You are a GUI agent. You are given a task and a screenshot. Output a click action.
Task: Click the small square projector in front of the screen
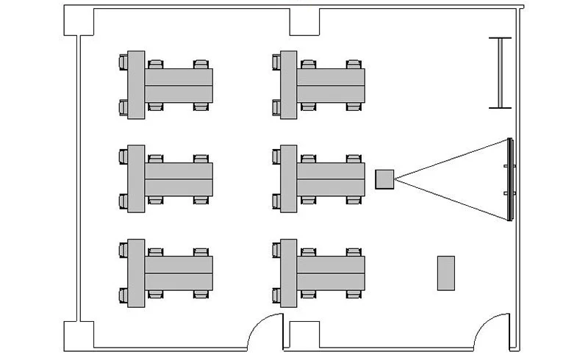pos(384,179)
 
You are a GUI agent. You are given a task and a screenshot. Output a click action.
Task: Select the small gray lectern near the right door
pos(445,273)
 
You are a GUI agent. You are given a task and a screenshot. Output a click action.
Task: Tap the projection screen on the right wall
pos(509,179)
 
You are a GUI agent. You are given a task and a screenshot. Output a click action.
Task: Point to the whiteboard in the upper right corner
pos(501,73)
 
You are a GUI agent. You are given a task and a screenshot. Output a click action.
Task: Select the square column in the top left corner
pos(79,21)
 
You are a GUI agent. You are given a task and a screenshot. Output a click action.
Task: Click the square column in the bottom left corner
pos(79,335)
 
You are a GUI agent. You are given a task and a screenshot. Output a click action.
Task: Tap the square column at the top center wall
pos(303,22)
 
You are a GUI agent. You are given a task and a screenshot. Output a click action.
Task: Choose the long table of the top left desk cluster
pos(179,85)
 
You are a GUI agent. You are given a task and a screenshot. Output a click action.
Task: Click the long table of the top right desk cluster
pos(331,85)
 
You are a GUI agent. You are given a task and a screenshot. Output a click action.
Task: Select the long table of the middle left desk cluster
pos(179,179)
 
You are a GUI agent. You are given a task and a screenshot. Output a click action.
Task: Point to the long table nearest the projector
pos(331,179)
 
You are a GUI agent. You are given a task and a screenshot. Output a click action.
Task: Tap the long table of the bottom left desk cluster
pos(179,273)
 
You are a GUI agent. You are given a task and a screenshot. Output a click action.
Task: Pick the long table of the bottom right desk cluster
pos(331,273)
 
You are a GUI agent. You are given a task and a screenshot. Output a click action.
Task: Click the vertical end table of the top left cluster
pos(136,85)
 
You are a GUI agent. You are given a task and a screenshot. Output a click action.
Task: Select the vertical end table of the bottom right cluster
pos(289,273)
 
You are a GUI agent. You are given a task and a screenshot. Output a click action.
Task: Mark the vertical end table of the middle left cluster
pos(136,179)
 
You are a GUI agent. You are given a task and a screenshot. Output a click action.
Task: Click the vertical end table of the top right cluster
pos(289,85)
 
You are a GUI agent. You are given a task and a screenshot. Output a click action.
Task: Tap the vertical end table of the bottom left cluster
pos(136,273)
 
